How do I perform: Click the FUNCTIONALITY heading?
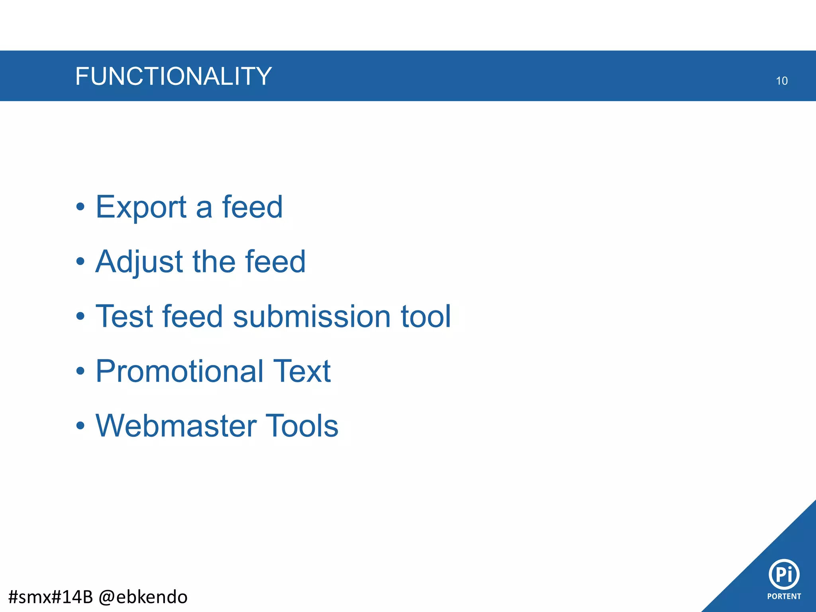pyautogui.click(x=173, y=76)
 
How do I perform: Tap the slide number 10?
pyautogui.click(x=781, y=81)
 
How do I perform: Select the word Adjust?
pyautogui.click(x=139, y=262)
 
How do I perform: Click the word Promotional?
pyautogui.click(x=179, y=371)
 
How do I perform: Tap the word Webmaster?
pyautogui.click(x=175, y=426)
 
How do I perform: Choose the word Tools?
pyautogui.click(x=302, y=426)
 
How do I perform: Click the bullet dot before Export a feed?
pyautogui.click(x=80, y=207)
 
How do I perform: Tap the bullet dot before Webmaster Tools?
pyautogui.click(x=80, y=426)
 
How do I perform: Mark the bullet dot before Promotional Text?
pyautogui.click(x=80, y=371)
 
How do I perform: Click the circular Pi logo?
pyautogui.click(x=784, y=574)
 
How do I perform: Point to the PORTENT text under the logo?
pyautogui.click(x=784, y=596)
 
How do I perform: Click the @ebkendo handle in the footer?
pyautogui.click(x=143, y=597)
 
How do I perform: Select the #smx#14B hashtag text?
pyautogui.click(x=50, y=597)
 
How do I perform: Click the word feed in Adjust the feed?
pyautogui.click(x=275, y=261)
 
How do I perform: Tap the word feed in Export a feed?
pyautogui.click(x=252, y=207)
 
